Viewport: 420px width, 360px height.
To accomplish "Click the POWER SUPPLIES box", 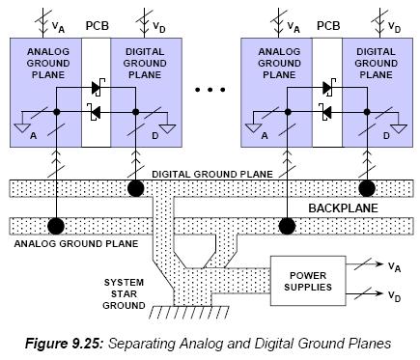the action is tap(308, 281).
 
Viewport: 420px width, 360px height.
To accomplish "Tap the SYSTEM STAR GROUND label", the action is tap(124, 293).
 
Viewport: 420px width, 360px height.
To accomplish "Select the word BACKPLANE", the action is tap(343, 208).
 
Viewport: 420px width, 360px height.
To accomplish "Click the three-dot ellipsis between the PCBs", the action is tap(210, 90).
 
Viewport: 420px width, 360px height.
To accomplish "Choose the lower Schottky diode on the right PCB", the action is tap(326, 112).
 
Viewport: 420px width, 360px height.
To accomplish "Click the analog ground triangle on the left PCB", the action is tap(22, 128).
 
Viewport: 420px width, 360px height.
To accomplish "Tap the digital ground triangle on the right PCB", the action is tap(399, 129).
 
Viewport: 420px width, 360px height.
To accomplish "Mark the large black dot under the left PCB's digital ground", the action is tap(136, 188).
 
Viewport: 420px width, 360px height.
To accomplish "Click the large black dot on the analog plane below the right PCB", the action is tap(287, 226).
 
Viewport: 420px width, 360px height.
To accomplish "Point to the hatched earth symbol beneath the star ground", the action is tap(189, 312).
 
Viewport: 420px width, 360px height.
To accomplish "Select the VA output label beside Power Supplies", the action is tap(394, 266).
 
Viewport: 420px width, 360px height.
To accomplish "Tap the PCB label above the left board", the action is tap(98, 26).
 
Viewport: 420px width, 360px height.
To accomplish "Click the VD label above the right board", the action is tap(394, 27).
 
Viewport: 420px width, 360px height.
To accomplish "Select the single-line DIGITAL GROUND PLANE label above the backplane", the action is tap(212, 174).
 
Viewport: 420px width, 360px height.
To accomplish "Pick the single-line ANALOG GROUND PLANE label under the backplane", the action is tap(76, 243).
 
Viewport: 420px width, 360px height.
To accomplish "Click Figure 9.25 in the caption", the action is tap(64, 344).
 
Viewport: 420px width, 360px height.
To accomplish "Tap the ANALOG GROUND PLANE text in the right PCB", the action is tap(279, 63).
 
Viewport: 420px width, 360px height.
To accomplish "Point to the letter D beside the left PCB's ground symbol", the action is tap(155, 136).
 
